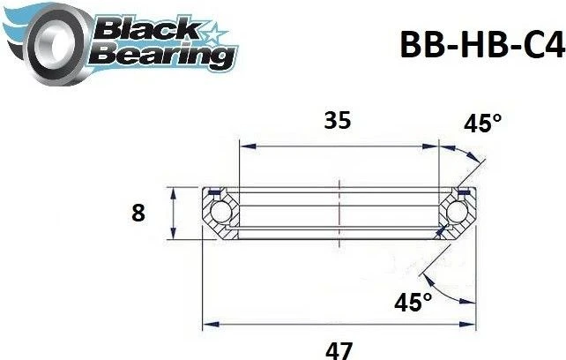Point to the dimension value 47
(x=335, y=349)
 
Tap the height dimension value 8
(x=138, y=213)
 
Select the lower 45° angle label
(x=415, y=303)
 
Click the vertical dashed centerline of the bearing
(x=339, y=212)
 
